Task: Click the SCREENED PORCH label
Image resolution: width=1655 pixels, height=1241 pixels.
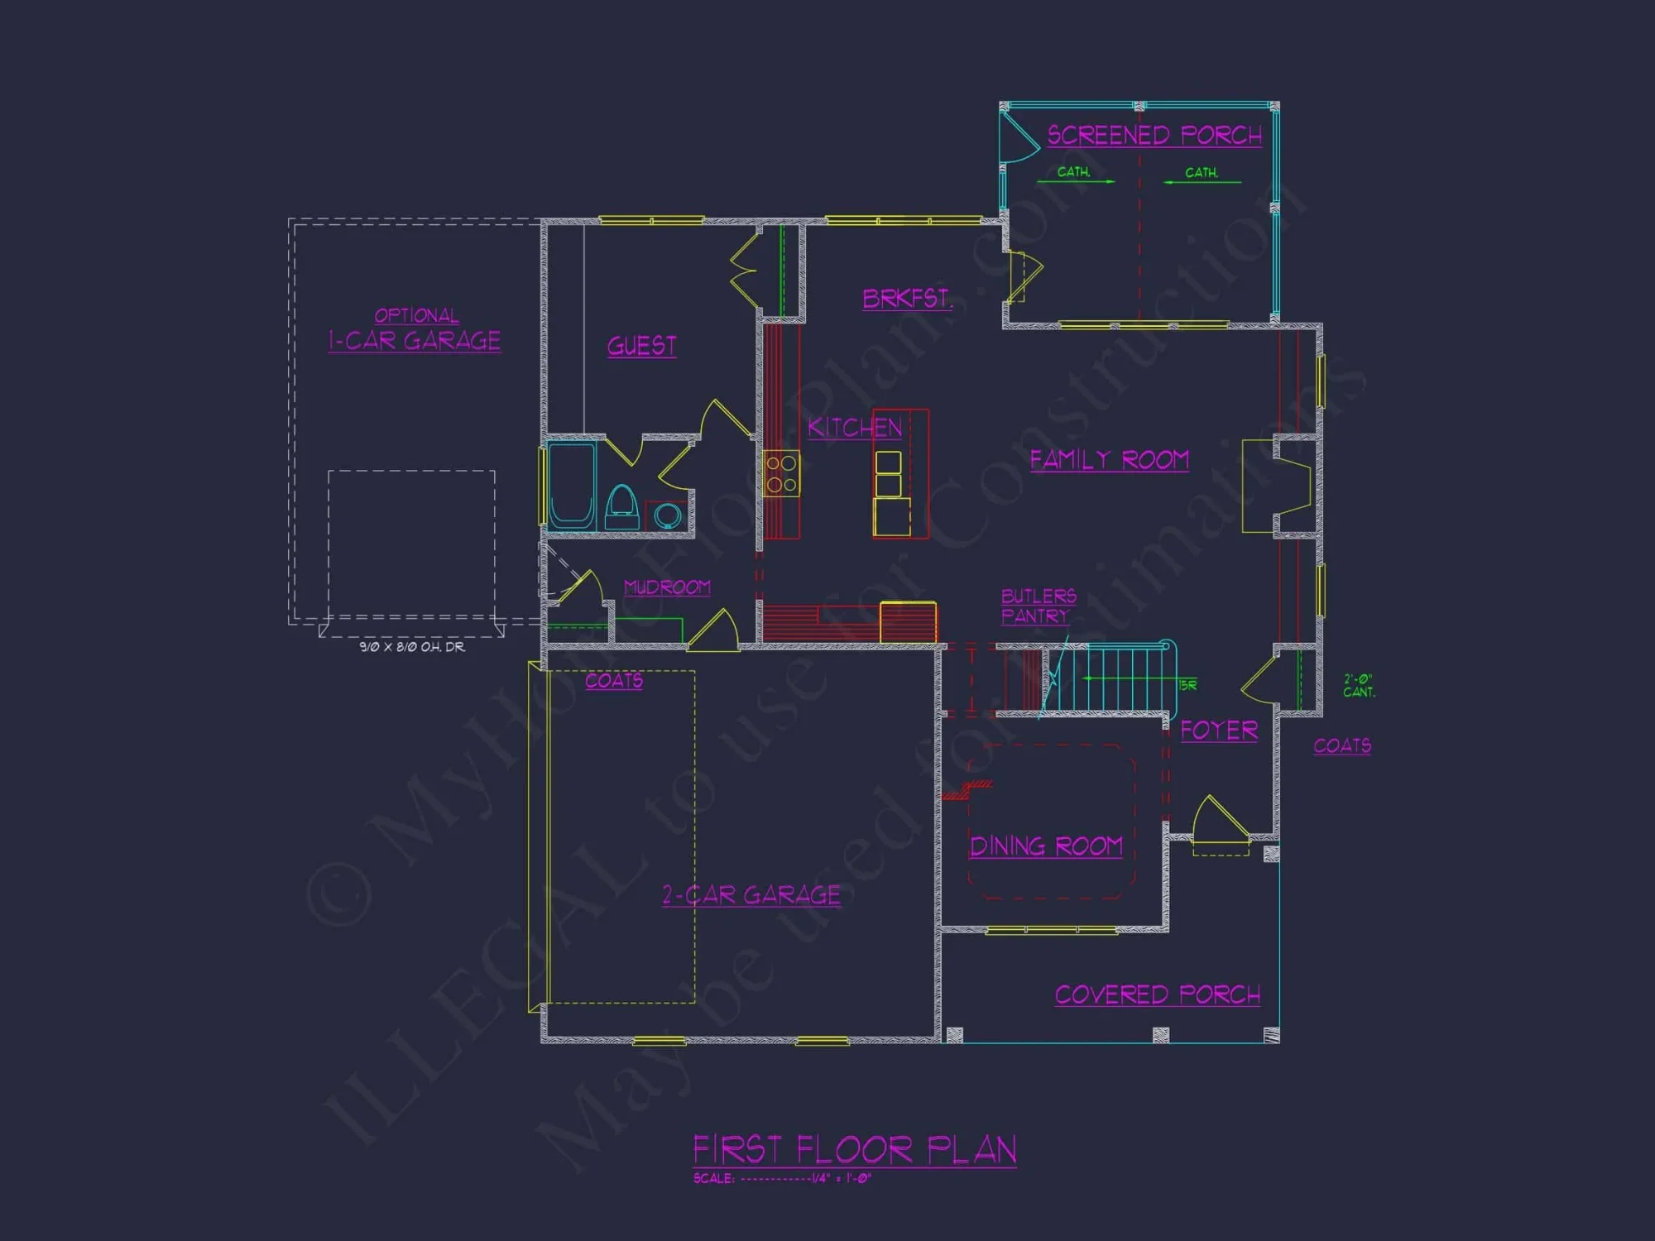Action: coord(1154,136)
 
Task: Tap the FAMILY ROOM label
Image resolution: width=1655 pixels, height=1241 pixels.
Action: coord(1109,460)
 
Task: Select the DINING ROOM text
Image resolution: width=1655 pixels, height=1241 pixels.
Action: coord(1046,846)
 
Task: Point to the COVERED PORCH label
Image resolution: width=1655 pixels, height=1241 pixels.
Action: coord(1158,994)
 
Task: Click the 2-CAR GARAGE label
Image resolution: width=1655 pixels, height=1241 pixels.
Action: coord(751,895)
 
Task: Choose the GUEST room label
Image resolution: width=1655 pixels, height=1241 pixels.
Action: coord(642,346)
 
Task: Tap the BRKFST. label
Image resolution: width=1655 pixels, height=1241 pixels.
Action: coord(907,299)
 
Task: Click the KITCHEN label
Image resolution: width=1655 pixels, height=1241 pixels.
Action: coord(855,428)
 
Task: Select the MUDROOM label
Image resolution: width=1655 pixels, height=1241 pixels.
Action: coord(667,587)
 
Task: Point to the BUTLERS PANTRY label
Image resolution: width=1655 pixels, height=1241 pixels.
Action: coord(1039,606)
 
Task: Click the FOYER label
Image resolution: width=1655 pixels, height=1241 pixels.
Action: coord(1219,731)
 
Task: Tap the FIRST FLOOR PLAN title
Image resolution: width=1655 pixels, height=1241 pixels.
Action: coord(854,1150)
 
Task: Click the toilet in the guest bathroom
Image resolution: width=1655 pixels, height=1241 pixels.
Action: coord(621,506)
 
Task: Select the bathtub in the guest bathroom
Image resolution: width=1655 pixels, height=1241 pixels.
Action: coord(571,486)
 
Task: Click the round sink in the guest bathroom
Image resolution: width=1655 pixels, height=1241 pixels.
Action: coord(667,515)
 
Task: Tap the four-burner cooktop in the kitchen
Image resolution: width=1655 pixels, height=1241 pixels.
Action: coord(781,473)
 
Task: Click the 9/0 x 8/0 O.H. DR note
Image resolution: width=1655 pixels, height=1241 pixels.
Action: coord(412,647)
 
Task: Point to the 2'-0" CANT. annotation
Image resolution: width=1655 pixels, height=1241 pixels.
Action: coord(1359,686)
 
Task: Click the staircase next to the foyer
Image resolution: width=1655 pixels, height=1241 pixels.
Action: coord(1109,678)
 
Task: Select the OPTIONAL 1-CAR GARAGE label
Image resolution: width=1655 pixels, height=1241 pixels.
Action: coord(415,330)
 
